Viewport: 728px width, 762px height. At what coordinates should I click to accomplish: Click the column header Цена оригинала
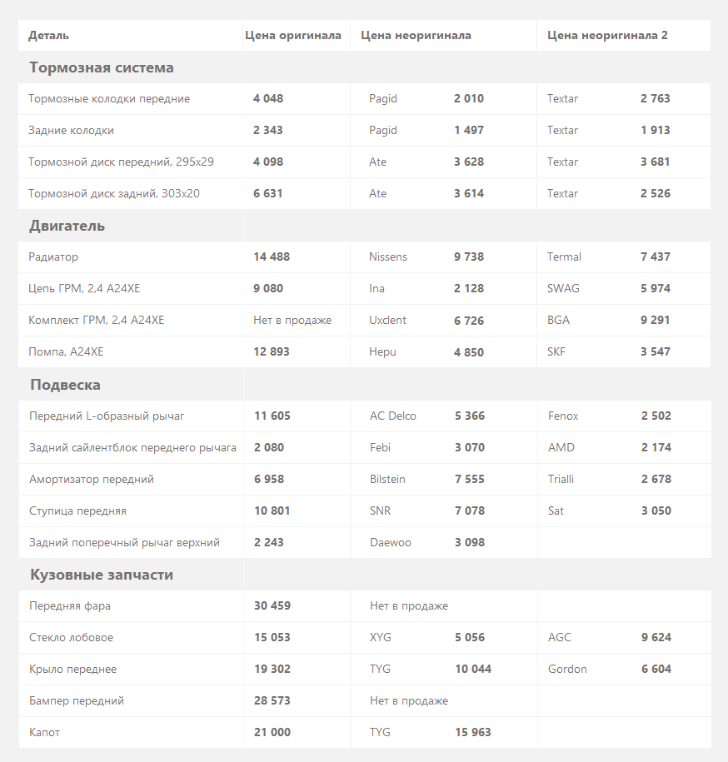293,35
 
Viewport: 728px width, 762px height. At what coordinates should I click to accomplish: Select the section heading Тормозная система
102,67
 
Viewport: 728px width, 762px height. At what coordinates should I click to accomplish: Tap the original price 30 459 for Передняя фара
272,605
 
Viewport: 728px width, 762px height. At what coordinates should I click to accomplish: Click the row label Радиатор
53,256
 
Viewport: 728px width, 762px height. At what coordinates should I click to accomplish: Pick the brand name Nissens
388,256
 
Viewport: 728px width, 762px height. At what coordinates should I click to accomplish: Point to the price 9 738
469,256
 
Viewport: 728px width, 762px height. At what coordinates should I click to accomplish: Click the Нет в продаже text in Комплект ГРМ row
292,320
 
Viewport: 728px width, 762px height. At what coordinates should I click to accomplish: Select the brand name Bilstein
388,479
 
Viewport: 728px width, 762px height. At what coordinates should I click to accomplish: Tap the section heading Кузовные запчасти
102,575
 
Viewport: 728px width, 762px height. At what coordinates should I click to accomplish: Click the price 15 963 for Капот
473,732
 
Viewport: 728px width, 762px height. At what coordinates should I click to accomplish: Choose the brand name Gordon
567,669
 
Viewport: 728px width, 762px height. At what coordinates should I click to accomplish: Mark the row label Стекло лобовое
71,637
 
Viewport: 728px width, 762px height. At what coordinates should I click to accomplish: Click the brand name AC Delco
393,416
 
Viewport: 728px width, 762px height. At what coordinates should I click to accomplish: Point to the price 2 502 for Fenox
656,416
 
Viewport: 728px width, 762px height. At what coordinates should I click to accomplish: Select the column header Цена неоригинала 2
607,35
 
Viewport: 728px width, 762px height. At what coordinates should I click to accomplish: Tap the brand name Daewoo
391,542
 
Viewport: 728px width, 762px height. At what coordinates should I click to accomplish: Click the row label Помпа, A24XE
66,351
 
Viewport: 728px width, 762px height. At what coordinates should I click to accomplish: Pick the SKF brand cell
556,351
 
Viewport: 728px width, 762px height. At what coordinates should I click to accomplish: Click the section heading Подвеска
65,385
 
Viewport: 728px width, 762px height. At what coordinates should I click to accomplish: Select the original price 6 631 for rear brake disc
268,193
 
